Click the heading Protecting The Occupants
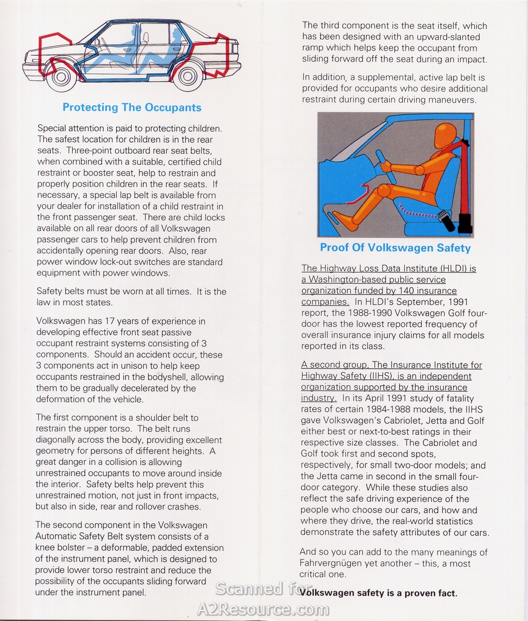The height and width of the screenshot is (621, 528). click(x=132, y=107)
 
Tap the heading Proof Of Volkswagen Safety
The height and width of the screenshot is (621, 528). click(x=395, y=248)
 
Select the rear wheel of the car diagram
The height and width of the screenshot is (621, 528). click(x=188, y=76)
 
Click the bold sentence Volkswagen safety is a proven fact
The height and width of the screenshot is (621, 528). click(x=378, y=593)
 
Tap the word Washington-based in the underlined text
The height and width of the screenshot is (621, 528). click(x=348, y=279)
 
